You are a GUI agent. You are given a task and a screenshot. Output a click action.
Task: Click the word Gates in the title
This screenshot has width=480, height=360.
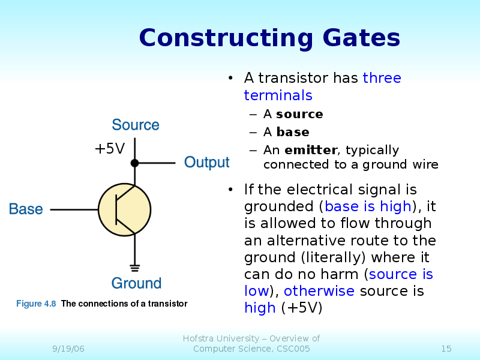361,38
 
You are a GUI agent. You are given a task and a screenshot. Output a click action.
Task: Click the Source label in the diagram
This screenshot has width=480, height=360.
136,125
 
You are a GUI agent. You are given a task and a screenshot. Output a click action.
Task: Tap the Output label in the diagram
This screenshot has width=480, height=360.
206,163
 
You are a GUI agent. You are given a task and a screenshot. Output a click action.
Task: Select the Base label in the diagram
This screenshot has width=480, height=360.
26,209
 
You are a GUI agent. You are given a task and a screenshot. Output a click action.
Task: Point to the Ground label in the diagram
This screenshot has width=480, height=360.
136,283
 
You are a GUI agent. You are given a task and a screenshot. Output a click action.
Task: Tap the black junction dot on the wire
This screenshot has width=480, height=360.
135,163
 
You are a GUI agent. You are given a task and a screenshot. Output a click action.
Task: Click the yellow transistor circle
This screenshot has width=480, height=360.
125,210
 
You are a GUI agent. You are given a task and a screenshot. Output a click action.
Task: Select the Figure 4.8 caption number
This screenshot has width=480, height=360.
36,304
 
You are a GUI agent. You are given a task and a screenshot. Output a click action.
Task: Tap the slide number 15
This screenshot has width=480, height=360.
446,349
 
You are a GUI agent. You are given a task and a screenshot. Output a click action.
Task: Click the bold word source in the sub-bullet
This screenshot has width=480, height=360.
299,114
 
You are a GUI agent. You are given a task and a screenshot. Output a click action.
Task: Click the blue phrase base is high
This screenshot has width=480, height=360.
368,206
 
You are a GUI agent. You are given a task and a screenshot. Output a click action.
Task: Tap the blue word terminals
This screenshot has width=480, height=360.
278,95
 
